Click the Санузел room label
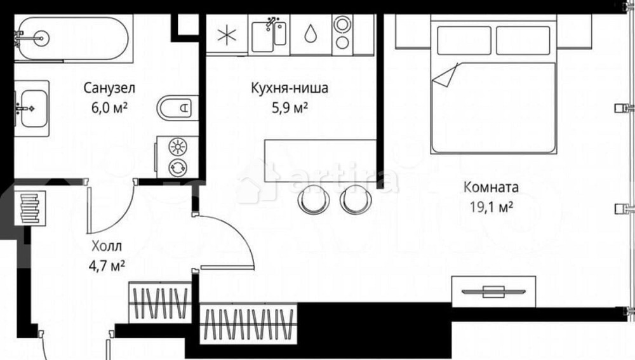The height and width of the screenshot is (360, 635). tap(110, 88)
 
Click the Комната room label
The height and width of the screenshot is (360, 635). tap(491, 187)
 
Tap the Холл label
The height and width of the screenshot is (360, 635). tap(105, 246)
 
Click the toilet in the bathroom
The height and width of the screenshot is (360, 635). tap(175, 108)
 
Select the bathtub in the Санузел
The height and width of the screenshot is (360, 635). tap(72, 38)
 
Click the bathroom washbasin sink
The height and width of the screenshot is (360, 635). tap(31, 108)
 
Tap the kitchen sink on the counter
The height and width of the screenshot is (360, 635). tap(271, 36)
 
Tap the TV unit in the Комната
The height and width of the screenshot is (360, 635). tap(493, 291)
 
